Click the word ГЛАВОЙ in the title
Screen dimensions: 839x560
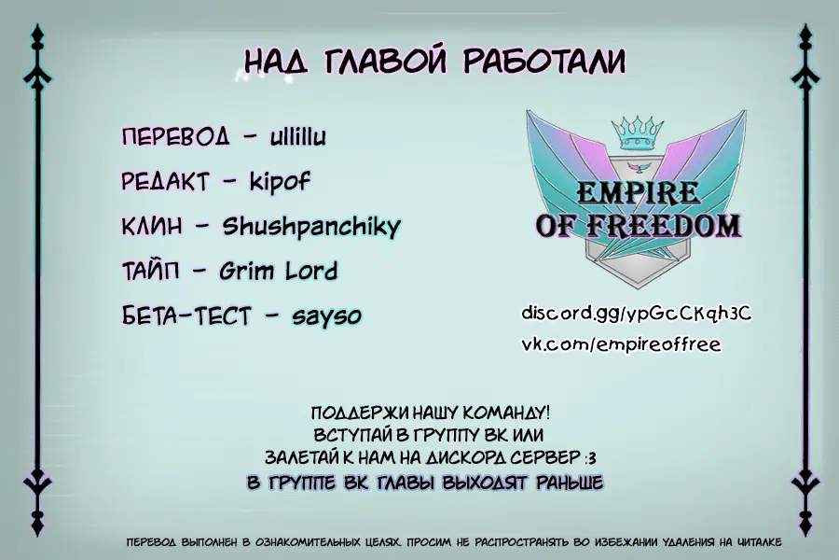[x=385, y=61]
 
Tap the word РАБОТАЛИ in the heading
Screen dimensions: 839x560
[x=544, y=61]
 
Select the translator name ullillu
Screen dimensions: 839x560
[x=298, y=136]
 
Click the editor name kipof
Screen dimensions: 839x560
[x=280, y=182]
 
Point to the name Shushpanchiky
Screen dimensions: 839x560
[x=311, y=227]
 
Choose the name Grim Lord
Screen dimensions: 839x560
[x=278, y=271]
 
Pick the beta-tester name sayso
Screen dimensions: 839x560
[x=326, y=316]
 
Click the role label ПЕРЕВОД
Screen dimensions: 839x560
[x=176, y=137]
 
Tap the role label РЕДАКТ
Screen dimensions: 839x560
[x=165, y=182]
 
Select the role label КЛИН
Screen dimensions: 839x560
[x=152, y=227]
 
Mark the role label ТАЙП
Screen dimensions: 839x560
[x=151, y=272]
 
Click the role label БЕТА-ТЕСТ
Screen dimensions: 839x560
[x=186, y=315]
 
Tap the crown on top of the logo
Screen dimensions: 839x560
[x=638, y=133]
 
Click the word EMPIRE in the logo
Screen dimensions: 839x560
[x=638, y=192]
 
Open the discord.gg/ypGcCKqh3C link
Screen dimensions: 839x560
[x=637, y=314]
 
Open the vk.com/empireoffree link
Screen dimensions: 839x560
[x=621, y=344]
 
